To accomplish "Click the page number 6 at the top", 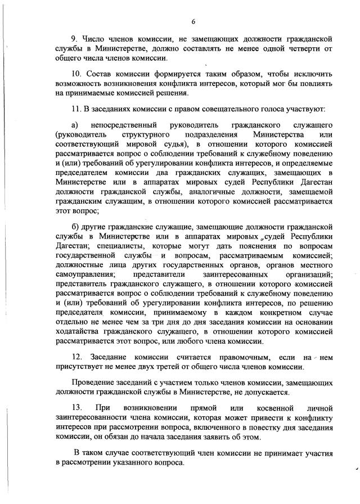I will (x=193, y=21).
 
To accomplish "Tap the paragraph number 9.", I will (x=73, y=39).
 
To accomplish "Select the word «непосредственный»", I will (x=123, y=124).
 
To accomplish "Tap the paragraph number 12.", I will (x=77, y=358).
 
